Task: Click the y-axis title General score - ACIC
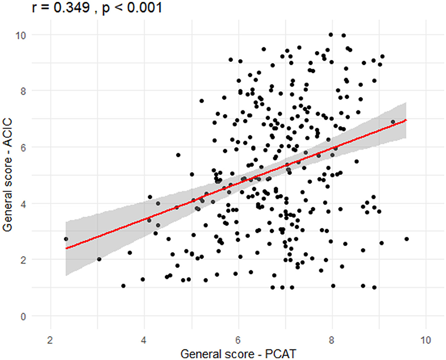click(8, 175)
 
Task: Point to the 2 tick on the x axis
click(50, 339)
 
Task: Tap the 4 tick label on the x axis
click(144, 339)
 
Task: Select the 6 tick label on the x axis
click(239, 339)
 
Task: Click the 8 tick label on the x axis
click(332, 339)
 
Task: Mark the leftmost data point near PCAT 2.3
click(66, 239)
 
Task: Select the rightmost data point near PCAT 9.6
click(406, 239)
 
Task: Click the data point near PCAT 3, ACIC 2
click(99, 259)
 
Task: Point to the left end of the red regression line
click(66, 248)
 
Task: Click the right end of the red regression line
click(406, 120)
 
